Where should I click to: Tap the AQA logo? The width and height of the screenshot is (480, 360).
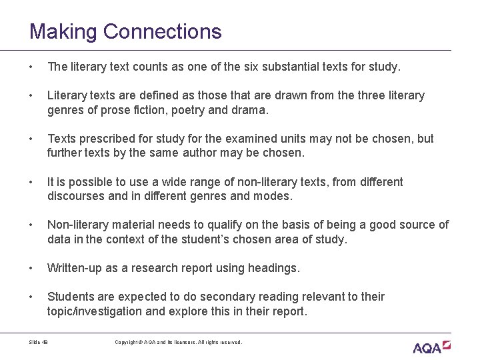(432, 346)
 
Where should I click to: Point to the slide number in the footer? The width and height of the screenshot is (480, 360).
(39, 342)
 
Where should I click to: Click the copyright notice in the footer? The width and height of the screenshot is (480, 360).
(178, 342)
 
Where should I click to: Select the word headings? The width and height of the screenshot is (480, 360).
(273, 268)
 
